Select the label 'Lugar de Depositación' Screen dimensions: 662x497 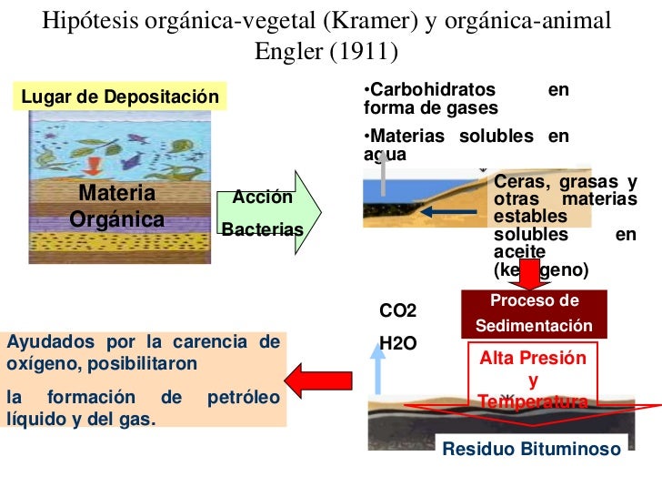[119, 96]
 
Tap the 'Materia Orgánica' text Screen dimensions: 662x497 [117, 207]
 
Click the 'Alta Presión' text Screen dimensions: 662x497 [533, 360]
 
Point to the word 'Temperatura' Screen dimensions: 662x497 [533, 401]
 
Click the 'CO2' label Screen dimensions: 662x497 [397, 311]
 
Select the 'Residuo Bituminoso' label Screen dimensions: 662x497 [532, 449]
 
